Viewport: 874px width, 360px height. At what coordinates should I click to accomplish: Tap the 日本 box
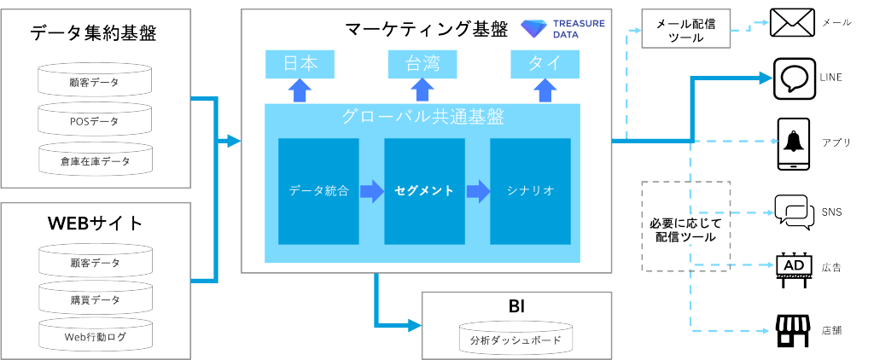pos(299,64)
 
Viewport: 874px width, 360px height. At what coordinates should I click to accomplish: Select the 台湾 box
pos(422,64)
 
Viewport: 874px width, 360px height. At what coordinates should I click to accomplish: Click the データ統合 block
pos(318,191)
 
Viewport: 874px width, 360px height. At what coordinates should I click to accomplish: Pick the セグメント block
pos(424,191)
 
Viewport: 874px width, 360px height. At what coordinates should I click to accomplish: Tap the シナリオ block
pos(530,191)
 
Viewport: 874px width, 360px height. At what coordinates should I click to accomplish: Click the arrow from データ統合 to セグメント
pos(371,191)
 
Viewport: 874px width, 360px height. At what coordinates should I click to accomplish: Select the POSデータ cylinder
pos(94,120)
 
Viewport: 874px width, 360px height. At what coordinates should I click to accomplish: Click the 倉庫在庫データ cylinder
pos(94,159)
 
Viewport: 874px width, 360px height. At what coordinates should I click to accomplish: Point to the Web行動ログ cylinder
pos(94,337)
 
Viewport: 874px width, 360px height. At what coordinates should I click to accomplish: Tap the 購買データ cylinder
pos(94,299)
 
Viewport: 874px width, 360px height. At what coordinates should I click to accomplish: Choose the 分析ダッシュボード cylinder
pos(515,340)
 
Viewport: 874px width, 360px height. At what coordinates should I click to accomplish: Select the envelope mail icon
pos(791,22)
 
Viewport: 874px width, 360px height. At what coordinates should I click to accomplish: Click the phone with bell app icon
pos(793,142)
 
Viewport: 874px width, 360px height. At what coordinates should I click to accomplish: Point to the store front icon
pos(793,330)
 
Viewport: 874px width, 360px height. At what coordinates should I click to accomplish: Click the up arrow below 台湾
pos(422,90)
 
